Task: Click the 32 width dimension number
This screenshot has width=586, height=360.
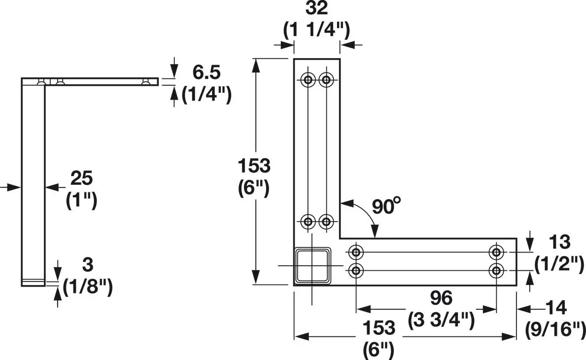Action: coord(316,8)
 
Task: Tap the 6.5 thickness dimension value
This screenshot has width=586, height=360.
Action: coord(207,72)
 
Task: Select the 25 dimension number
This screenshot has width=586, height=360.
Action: coord(81,179)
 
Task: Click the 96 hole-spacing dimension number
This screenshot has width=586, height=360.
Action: coord(441,298)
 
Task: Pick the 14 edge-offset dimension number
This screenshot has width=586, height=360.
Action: coord(556,308)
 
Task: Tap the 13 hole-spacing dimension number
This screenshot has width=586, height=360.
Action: coord(559,242)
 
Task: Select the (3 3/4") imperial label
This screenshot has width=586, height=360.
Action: coord(442,321)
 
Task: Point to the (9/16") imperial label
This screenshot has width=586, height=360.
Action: coord(555,329)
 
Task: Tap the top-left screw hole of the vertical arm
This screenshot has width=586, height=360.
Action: coord(309,79)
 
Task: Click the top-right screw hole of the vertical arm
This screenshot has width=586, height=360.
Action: coord(326,79)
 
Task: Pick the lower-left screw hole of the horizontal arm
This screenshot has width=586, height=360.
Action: coord(356,270)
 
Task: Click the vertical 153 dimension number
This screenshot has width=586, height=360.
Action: coord(254,166)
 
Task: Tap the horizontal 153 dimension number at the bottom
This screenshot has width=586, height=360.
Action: coord(379,328)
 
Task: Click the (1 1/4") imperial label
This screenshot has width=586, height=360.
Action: coord(316,31)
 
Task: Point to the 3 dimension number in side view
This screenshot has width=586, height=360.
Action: coord(87,265)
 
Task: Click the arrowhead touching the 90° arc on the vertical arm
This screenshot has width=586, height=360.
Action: coord(347,204)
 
